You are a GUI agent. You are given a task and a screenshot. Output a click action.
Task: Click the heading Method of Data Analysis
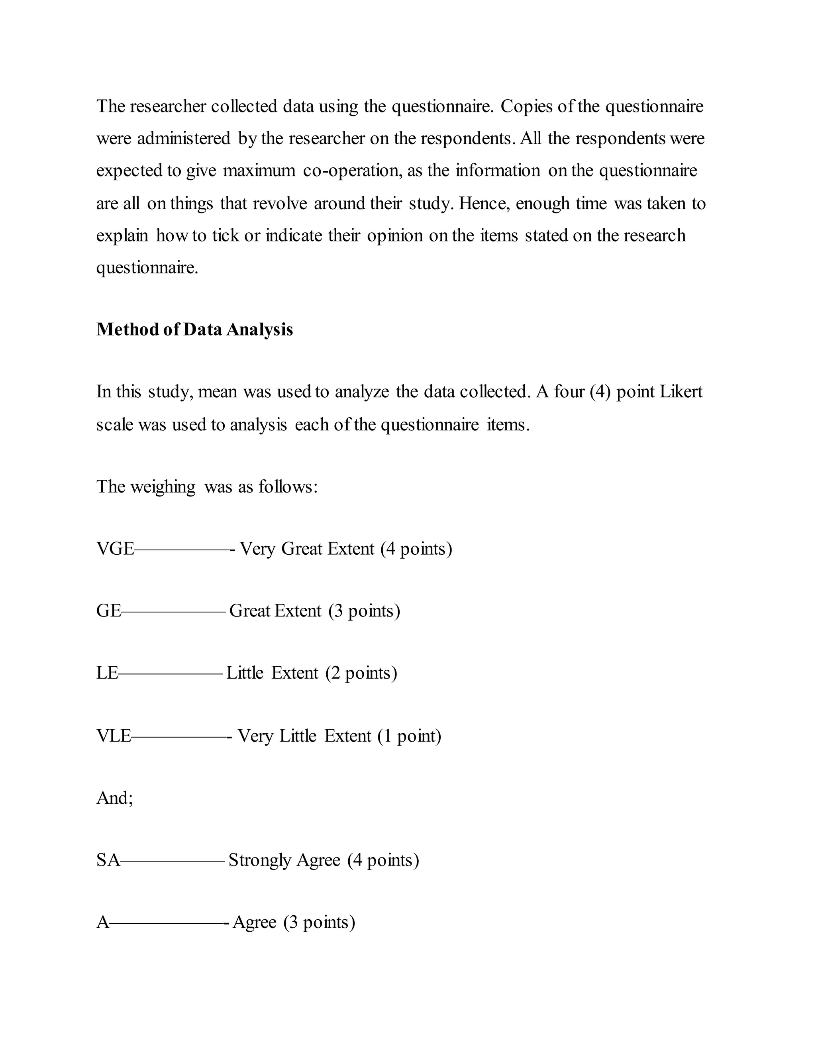click(x=194, y=329)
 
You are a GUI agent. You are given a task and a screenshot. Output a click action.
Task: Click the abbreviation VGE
click(x=115, y=549)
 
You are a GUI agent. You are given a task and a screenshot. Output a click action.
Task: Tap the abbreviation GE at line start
click(x=108, y=610)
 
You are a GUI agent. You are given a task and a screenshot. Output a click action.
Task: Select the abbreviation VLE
click(x=114, y=736)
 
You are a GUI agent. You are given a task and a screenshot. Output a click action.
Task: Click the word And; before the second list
click(x=115, y=798)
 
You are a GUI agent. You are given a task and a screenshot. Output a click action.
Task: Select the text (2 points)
click(x=361, y=673)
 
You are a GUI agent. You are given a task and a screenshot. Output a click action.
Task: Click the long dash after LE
click(x=171, y=673)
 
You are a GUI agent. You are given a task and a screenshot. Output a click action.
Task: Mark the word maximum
click(x=259, y=171)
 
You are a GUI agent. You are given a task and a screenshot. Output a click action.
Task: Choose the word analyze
click(x=362, y=392)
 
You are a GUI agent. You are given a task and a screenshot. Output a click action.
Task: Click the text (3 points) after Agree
click(x=319, y=922)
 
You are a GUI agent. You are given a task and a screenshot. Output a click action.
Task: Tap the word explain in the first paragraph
click(x=122, y=236)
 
